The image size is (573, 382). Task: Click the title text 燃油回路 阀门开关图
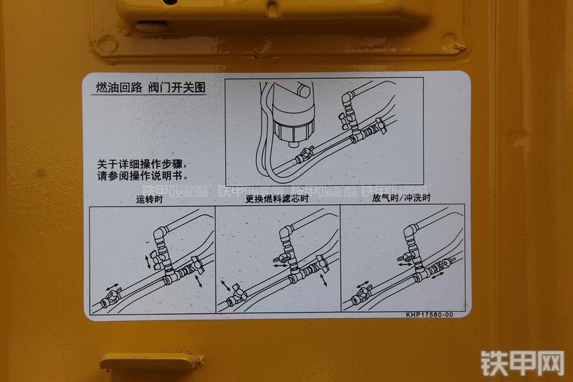151,87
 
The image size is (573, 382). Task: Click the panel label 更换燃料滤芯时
276,199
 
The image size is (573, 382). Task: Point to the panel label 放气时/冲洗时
401,199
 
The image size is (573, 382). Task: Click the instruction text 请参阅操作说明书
143,175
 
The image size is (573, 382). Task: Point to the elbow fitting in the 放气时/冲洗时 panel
410,233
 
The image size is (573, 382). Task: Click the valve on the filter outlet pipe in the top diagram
307,153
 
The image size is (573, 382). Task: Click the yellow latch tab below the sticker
150,362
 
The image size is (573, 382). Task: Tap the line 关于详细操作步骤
143,163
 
